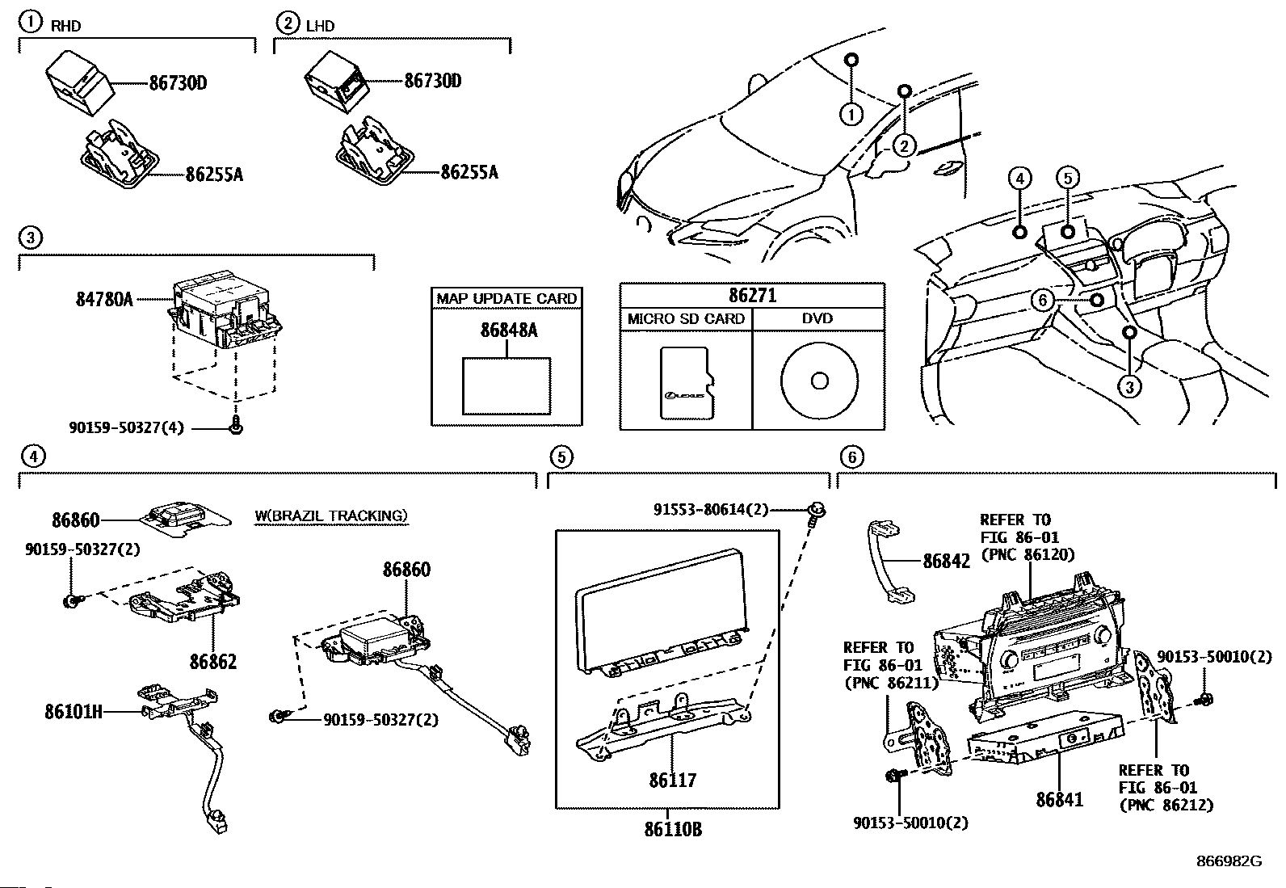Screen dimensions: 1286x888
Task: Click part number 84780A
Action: (x=104, y=299)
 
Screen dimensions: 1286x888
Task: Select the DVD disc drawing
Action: (x=819, y=381)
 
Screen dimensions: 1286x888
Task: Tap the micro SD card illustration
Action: (x=687, y=382)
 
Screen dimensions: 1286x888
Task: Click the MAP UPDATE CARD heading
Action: (x=506, y=299)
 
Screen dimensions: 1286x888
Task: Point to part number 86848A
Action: (x=509, y=330)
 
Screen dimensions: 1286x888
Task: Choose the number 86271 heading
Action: (x=752, y=295)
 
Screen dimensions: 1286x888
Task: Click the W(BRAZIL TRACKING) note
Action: (x=331, y=516)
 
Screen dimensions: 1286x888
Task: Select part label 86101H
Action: (x=74, y=712)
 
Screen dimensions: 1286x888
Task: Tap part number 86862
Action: (x=213, y=662)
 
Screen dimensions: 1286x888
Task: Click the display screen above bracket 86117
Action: (x=662, y=610)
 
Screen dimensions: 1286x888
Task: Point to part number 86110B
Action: (x=673, y=829)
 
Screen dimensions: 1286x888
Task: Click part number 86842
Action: (x=946, y=562)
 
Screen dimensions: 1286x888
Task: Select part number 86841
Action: (x=1059, y=800)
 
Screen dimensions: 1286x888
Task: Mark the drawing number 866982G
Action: (x=1229, y=861)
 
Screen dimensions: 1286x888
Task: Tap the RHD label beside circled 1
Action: (x=66, y=26)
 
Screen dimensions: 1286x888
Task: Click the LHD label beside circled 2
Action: (x=321, y=26)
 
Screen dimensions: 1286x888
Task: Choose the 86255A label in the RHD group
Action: (x=214, y=175)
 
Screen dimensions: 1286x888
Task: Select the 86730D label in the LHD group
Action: (x=433, y=81)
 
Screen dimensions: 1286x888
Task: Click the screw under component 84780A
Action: (x=235, y=427)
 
